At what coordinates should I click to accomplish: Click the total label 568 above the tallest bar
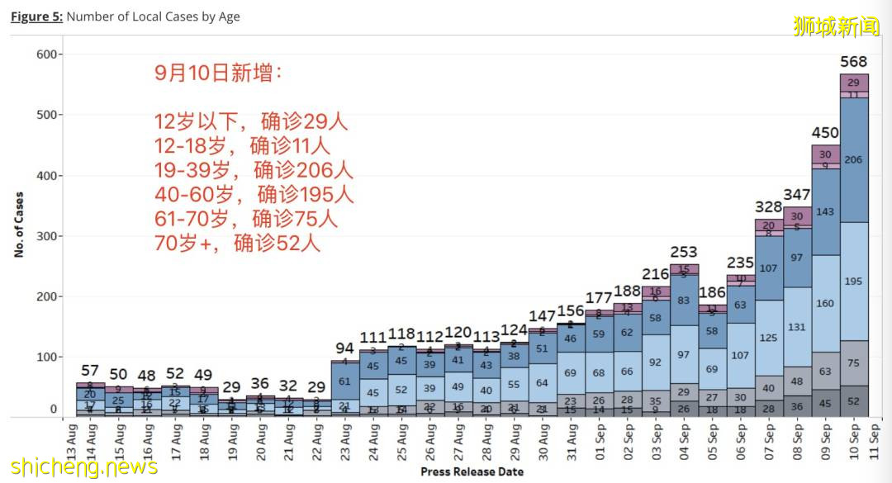click(x=854, y=61)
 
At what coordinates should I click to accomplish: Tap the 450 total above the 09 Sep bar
click(x=825, y=133)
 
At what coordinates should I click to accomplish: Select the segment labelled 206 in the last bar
click(x=854, y=159)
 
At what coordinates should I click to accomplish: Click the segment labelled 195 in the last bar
click(x=854, y=282)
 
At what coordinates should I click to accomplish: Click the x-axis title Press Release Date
click(x=472, y=471)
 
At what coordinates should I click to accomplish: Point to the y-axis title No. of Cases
click(x=18, y=225)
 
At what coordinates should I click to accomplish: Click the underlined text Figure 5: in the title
click(x=36, y=17)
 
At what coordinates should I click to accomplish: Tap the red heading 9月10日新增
click(x=218, y=73)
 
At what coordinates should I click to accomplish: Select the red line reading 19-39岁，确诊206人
click(x=254, y=171)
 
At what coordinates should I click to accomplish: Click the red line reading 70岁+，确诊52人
click(x=237, y=244)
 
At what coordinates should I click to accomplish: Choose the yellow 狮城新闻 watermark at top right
click(x=836, y=26)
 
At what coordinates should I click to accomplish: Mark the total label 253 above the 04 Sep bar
click(x=684, y=252)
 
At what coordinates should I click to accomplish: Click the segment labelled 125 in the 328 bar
click(x=769, y=338)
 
